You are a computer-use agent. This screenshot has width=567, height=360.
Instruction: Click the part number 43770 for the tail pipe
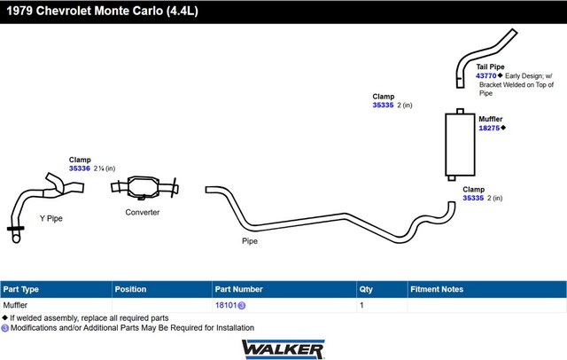[486, 76]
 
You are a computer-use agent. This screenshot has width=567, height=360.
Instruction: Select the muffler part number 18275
[489, 128]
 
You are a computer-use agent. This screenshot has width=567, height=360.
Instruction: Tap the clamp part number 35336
[79, 168]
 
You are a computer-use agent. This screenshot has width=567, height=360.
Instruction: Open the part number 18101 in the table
[226, 305]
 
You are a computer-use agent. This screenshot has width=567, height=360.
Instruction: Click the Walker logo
[283, 349]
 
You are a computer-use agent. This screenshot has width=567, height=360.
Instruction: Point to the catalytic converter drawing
[144, 188]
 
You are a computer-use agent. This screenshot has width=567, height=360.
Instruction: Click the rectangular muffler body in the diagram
[460, 145]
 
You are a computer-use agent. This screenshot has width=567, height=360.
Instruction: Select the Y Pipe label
[51, 218]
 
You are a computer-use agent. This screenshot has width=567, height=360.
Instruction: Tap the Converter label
[142, 213]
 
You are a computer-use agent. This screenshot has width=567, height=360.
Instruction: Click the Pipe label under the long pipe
[250, 241]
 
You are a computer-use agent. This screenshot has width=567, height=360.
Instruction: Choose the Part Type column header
[21, 289]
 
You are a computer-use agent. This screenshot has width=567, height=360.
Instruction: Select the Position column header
[130, 289]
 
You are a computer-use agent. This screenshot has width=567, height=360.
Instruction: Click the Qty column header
[366, 289]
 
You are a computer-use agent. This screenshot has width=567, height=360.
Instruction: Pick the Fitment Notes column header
[437, 289]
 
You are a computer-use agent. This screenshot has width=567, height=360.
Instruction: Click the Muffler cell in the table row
[15, 305]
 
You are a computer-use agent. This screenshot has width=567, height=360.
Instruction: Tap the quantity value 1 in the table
[361, 305]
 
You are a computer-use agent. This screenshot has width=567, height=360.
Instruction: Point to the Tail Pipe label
[490, 67]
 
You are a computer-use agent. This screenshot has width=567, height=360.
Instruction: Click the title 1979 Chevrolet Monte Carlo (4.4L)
[103, 11]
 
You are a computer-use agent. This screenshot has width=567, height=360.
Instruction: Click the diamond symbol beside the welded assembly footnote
[4, 318]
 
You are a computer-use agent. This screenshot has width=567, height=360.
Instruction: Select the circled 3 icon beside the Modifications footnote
[4, 328]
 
